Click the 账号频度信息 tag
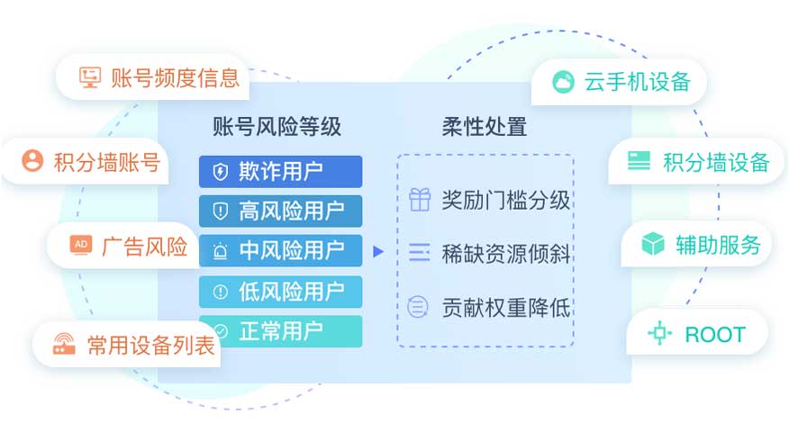coord(153,77)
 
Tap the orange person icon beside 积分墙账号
coord(32,161)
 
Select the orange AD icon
coord(80,246)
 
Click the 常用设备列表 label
coord(151,346)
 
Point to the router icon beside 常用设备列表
coord(64,345)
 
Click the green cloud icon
coord(563,82)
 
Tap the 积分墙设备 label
coord(715,162)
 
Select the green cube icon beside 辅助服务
coord(653,244)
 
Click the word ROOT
coord(715,335)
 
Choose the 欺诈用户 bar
coord(280,172)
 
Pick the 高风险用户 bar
coord(280,211)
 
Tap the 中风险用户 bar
coord(280,250)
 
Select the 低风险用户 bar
coord(280,292)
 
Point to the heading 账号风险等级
coord(277,126)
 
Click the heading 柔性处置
coord(485,126)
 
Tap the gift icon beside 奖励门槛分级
coord(420,199)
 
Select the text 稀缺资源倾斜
coord(505,253)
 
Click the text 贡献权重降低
coord(505,307)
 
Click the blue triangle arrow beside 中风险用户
coord(378,251)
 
